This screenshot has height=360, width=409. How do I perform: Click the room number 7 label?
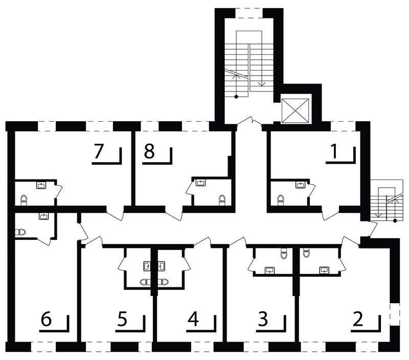pos(99,151)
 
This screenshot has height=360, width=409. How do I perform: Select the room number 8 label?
pos(149,151)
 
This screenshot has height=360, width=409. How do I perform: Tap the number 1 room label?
pos(334,151)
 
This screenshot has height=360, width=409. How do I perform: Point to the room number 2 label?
pos(357,319)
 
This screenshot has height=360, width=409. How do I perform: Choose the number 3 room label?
pos(263,319)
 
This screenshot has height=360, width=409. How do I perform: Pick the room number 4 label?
pos(193,319)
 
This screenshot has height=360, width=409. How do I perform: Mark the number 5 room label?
pos(122,319)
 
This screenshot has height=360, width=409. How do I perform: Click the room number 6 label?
pos(46,319)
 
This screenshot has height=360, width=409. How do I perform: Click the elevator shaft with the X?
pos(296,110)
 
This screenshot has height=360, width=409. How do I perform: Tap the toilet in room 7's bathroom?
pos(24,200)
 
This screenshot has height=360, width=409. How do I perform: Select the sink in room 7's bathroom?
pos(41,185)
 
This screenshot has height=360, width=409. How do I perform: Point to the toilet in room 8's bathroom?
pos(222,200)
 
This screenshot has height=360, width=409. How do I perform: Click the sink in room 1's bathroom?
pos(300,185)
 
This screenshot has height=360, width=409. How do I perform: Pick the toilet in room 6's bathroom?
pos(20,232)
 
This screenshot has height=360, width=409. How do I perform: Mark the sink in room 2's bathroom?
pos(324,271)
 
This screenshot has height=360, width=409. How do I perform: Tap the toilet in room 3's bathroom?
pos(284,253)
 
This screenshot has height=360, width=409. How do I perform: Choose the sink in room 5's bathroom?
pos(147,266)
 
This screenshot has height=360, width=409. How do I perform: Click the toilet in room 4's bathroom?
pos(163,282)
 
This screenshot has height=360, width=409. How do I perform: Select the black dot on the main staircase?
pos(236,97)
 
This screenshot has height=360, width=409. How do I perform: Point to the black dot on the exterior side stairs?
pos(395,221)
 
